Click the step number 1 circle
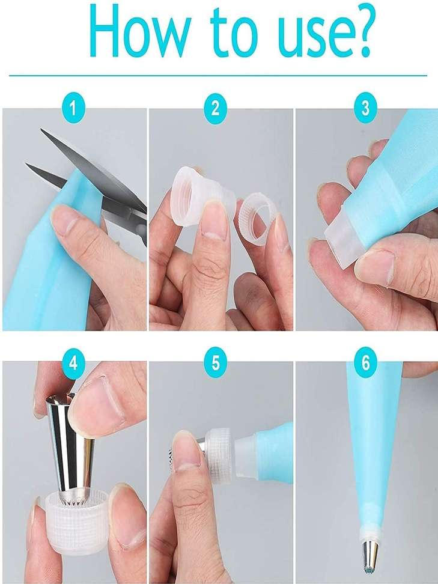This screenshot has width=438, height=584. (73, 108)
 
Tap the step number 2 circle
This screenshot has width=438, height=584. (215, 108)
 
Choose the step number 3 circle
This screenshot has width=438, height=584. (365, 108)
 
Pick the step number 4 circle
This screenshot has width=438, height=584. (73, 363)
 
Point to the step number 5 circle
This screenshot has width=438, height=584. (215, 363)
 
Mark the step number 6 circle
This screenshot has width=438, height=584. (365, 363)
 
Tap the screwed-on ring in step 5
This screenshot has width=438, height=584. (220, 453)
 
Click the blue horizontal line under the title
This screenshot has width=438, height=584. (218, 76)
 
